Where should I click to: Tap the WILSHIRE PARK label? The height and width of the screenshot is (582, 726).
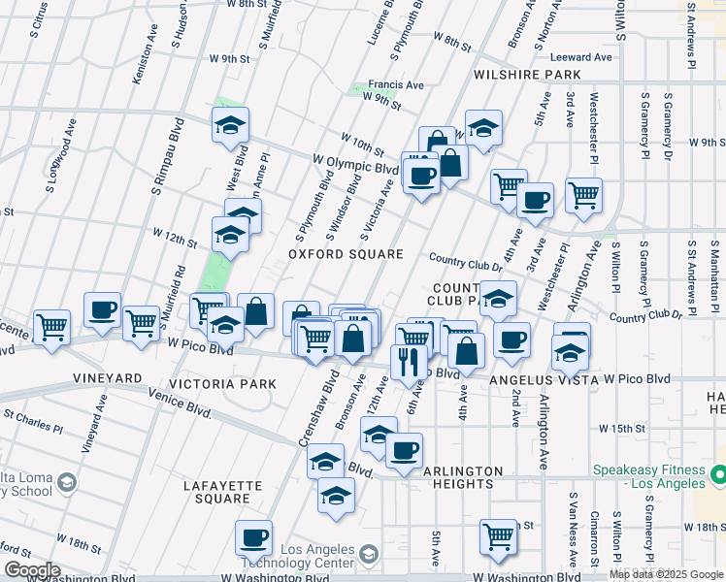[527, 74]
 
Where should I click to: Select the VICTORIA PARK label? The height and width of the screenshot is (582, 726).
[222, 384]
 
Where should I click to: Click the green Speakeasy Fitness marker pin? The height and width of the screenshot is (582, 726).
[719, 475]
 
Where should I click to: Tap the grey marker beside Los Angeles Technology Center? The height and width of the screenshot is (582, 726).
[368, 554]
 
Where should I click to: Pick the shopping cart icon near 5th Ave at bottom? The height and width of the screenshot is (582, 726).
[498, 534]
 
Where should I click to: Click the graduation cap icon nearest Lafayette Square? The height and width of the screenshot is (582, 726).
[336, 495]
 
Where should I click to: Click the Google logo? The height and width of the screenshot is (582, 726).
[32, 570]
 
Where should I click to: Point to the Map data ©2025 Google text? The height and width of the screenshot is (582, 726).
[666, 574]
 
